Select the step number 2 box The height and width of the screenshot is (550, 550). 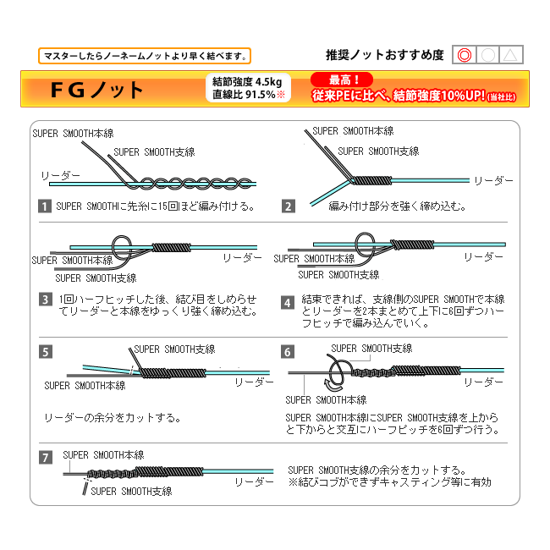click(x=289, y=206)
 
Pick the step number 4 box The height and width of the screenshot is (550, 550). click(x=289, y=301)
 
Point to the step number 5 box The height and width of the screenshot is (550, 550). click(x=46, y=352)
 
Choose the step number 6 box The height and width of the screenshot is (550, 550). click(x=289, y=352)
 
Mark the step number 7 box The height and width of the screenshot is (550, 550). click(x=46, y=458)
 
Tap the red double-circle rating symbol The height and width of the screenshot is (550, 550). click(x=463, y=56)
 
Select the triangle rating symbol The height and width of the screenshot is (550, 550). click(x=510, y=56)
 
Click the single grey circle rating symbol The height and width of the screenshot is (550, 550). click(x=487, y=56)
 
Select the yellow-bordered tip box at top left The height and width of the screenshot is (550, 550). click(x=145, y=56)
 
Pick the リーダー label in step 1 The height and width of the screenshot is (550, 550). click(x=60, y=176)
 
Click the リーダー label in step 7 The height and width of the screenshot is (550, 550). click(x=255, y=481)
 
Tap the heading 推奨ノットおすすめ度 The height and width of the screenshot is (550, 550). click(x=385, y=56)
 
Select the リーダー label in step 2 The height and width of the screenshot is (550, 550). click(x=493, y=181)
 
